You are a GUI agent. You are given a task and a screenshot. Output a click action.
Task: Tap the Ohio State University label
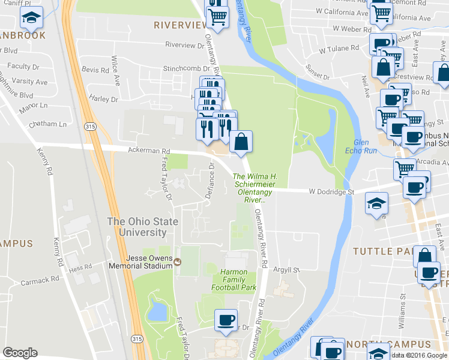click(x=142, y=227)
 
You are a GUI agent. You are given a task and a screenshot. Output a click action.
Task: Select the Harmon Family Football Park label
click(x=234, y=280)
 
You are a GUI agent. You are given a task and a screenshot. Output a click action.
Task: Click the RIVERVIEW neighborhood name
click(x=180, y=25)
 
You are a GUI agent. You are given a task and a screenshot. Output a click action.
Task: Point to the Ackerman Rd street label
click(x=145, y=151)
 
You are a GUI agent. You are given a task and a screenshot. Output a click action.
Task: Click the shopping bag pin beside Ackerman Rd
click(x=241, y=143)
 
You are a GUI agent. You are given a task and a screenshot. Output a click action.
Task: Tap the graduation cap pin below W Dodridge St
click(x=377, y=203)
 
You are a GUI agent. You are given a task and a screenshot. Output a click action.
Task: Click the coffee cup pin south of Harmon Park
click(x=226, y=320)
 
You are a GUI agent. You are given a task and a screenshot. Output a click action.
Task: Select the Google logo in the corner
click(x=20, y=353)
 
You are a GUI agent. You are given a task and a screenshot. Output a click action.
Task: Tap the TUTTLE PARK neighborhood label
click(x=384, y=250)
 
